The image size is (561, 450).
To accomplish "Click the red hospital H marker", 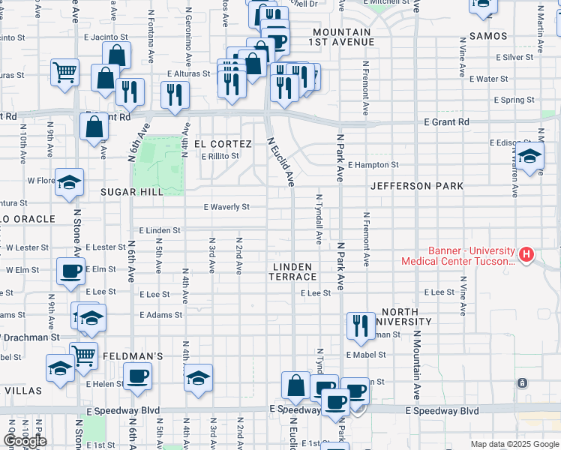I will pos(526,255).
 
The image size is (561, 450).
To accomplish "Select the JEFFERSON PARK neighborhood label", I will pos(417,185).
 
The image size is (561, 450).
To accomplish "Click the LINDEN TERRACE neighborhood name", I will pos(292,271).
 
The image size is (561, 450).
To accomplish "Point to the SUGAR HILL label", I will pos(132,192).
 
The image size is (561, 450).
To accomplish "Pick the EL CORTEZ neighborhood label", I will pos(223,143).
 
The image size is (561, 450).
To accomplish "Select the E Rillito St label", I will pos(220,156).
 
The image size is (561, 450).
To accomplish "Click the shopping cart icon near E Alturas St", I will pos(65,73).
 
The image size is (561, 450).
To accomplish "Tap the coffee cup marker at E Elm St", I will pos(71,271).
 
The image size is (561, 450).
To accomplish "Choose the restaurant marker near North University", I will pos(361,325).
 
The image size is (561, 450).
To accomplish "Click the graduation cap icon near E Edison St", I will pos(529,157).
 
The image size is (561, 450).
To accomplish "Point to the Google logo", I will pos(25,441).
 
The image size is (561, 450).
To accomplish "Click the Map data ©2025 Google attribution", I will pos(514,444).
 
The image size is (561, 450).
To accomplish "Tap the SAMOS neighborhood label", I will pos(487,36).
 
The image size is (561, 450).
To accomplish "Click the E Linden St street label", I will pos(159,230).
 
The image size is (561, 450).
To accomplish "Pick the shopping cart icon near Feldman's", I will pos(83,355).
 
